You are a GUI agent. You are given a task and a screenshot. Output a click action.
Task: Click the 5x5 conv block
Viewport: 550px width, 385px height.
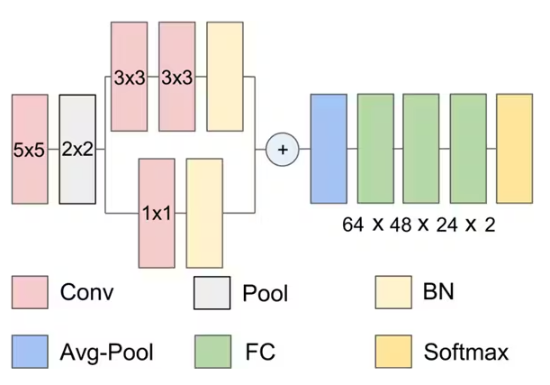(29, 149)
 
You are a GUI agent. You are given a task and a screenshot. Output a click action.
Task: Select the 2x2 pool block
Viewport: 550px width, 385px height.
(77, 149)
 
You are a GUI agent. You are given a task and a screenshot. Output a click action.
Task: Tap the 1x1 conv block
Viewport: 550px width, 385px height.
(157, 213)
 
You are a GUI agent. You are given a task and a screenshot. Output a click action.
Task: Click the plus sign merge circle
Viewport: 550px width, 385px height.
(283, 149)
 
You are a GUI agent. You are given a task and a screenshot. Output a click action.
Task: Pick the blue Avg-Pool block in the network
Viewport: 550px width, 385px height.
(329, 149)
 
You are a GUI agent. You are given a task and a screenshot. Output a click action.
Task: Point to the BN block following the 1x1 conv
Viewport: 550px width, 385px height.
(204, 213)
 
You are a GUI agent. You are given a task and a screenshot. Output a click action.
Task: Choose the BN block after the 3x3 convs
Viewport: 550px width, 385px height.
(224, 78)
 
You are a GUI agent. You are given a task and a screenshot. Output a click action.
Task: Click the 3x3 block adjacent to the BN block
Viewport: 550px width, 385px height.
(176, 78)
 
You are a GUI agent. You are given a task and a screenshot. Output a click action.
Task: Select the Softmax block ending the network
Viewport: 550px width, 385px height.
(514, 149)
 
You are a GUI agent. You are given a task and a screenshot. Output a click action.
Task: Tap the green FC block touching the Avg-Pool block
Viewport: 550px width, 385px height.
(375, 149)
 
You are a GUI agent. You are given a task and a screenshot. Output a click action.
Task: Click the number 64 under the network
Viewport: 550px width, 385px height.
(352, 225)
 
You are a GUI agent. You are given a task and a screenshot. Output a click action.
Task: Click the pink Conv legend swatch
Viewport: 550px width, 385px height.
(30, 293)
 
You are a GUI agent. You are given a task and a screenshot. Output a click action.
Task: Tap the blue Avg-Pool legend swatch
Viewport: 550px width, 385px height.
(30, 352)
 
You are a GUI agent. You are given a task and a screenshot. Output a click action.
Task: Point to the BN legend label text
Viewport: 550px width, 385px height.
(438, 292)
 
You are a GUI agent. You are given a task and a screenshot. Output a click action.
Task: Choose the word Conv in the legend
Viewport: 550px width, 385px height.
(87, 292)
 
